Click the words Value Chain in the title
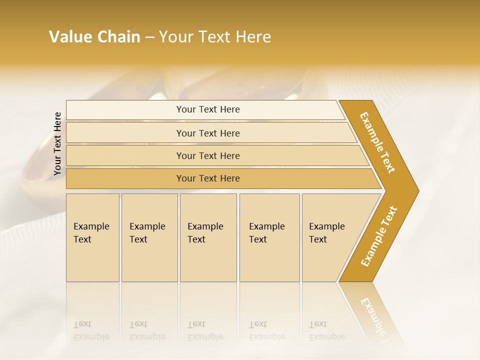click(94, 37)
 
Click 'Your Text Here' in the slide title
click(214, 37)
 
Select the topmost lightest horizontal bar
click(208, 109)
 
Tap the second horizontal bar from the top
click(208, 133)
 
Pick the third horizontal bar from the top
click(208, 155)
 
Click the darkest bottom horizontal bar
click(208, 178)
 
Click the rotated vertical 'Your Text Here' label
click(57, 144)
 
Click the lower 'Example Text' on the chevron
click(379, 236)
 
